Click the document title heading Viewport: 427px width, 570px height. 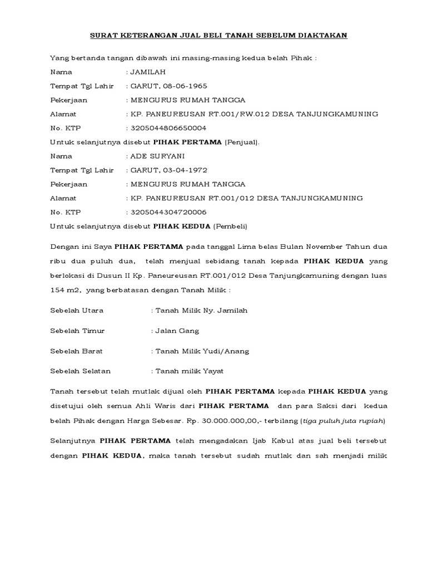[x=219, y=36]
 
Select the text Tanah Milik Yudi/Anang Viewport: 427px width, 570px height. [x=202, y=351]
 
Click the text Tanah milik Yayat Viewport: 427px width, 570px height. [x=189, y=371]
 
